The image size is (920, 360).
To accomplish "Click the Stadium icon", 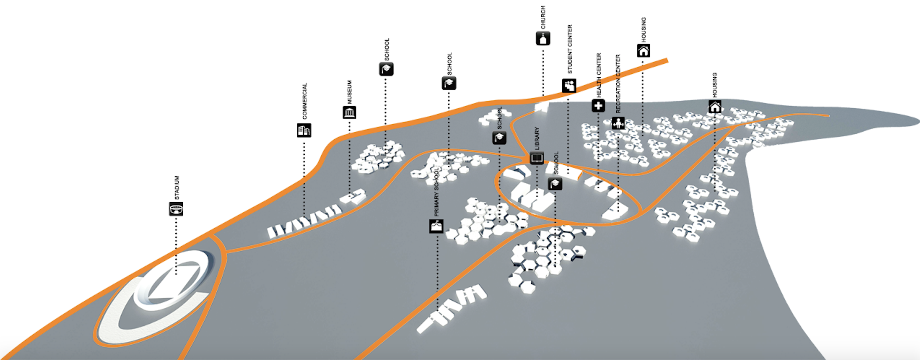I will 176,209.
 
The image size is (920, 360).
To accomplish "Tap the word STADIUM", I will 177,187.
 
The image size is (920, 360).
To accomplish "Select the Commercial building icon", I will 304,130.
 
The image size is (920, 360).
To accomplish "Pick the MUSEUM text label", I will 349,92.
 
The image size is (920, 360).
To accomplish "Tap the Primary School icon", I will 436,226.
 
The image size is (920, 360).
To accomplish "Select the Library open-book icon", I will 536,158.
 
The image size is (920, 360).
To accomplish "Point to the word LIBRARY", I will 536,138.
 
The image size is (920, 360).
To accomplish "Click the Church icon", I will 543,38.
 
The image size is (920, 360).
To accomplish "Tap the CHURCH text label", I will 543,17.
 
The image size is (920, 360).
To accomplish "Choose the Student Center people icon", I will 569,86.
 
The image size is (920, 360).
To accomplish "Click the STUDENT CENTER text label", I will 570,49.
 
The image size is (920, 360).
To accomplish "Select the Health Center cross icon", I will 598,106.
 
